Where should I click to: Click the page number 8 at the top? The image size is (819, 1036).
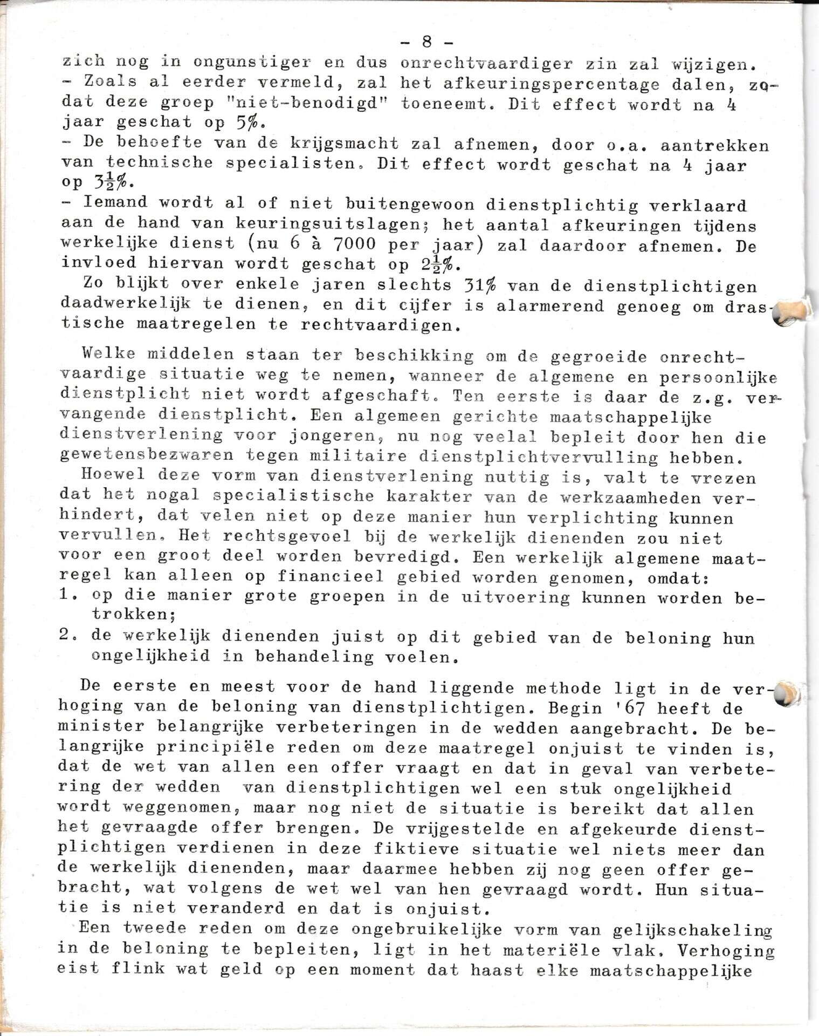[x=426, y=42]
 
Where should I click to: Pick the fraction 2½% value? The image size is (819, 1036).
[x=441, y=264]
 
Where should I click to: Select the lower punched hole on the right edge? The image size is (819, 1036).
[x=790, y=693]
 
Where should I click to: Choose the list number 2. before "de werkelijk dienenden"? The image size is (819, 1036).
[x=69, y=636]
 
